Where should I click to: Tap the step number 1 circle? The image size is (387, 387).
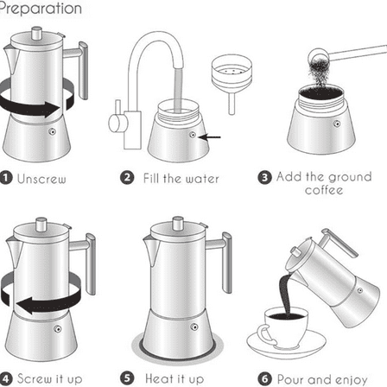pos(4,179)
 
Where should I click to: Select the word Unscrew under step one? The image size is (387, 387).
pos(41,179)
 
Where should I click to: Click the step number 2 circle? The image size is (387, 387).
pos(127,179)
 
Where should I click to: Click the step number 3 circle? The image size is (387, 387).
pos(266,177)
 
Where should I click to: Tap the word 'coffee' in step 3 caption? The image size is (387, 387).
pos(324,191)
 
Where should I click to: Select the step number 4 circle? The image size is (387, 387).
pos(5,378)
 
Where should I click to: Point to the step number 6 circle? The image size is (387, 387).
pos(266,378)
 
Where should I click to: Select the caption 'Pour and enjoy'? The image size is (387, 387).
pos(326,378)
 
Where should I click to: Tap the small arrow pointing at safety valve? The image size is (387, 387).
pos(212,136)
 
